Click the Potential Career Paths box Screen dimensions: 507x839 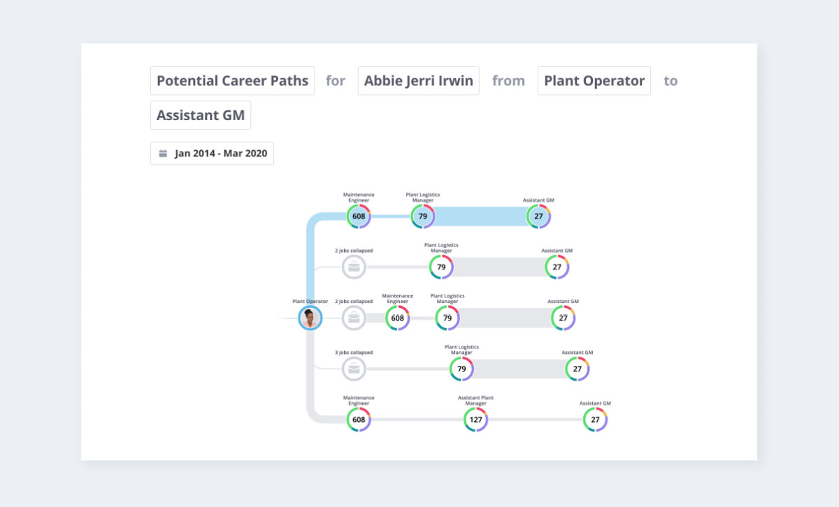tap(232, 81)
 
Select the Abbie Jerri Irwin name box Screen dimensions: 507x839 tap(418, 81)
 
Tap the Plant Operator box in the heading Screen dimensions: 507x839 tap(594, 81)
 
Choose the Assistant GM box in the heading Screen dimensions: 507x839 tap(201, 115)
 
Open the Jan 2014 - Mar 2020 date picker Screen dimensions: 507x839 tap(212, 154)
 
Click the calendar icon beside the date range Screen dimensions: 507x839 tap(163, 154)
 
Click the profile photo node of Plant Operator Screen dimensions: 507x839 tap(310, 318)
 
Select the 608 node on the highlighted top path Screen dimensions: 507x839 tap(359, 216)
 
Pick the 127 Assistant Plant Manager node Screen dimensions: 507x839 tap(475, 420)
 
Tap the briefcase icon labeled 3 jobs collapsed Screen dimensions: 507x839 tap(354, 369)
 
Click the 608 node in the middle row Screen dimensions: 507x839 tap(397, 318)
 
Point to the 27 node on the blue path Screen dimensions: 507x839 tap(538, 216)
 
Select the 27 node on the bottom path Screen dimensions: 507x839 tap(595, 420)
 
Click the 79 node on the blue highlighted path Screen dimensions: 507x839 tap(422, 216)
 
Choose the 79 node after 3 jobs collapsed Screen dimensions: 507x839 tap(461, 369)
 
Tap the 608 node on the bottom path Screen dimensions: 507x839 tap(359, 420)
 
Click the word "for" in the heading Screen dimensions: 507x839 tap(336, 81)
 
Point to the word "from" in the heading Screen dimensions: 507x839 tap(508, 81)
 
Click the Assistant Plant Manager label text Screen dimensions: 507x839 tap(475, 401)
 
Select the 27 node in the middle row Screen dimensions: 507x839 tap(563, 318)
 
